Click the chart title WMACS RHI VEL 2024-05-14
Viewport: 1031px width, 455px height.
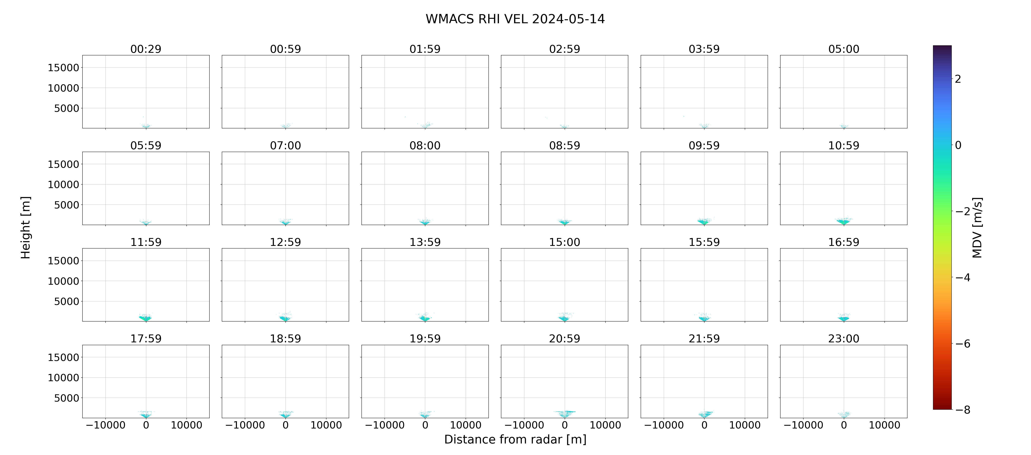pyautogui.click(x=515, y=19)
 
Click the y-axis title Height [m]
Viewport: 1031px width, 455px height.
pyautogui.click(x=25, y=227)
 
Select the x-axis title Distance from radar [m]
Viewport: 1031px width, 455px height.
pyautogui.click(x=515, y=439)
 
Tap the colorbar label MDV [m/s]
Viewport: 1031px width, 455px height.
pyautogui.click(x=977, y=227)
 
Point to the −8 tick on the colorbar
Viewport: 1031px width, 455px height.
pyautogui.click(x=962, y=410)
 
